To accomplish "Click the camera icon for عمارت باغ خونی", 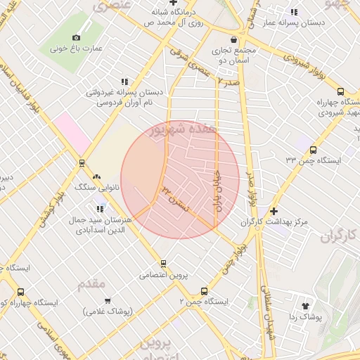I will click(76, 37).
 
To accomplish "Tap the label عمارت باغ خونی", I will click(77, 49).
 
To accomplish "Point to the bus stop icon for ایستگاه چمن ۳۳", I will click(313, 148).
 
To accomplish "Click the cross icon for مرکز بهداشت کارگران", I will click(274, 211).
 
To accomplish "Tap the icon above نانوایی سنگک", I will click(96, 178).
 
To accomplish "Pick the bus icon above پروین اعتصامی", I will click(164, 264).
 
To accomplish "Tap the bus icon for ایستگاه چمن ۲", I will click(205, 290).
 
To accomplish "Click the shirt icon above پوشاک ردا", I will click(305, 306).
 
